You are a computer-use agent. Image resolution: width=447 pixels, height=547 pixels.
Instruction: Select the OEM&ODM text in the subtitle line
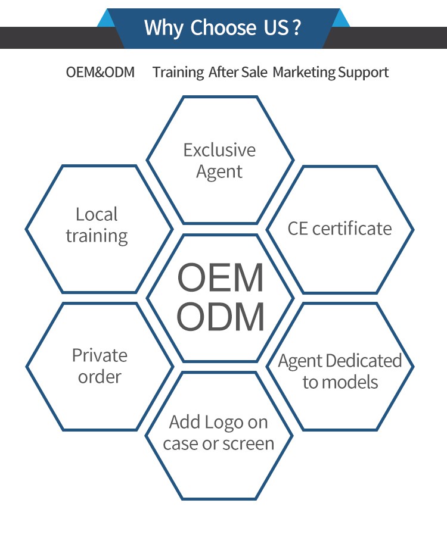[100, 72]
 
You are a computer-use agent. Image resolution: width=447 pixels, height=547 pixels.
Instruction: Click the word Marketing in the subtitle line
[304, 72]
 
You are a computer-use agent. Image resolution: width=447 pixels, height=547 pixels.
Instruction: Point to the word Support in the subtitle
[363, 72]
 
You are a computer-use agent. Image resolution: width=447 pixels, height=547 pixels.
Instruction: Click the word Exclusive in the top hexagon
[219, 150]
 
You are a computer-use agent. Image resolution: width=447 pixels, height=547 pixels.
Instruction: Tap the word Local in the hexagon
[97, 214]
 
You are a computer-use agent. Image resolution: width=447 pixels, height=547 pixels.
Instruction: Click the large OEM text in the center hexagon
[221, 278]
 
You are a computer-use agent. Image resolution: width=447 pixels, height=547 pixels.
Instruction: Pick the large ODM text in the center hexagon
[221, 317]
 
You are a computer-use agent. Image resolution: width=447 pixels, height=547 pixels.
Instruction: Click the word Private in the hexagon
[100, 355]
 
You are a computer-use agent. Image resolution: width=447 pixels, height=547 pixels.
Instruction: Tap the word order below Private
[100, 377]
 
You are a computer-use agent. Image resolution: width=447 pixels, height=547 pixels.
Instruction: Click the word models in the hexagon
[349, 382]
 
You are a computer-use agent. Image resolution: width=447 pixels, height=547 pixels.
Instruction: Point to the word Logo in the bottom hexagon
[225, 422]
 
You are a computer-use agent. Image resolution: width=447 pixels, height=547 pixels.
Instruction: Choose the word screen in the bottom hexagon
[246, 443]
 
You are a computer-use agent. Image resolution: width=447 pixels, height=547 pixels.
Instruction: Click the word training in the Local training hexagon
[97, 236]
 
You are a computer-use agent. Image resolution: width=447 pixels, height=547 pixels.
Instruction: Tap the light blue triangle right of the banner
[342, 19]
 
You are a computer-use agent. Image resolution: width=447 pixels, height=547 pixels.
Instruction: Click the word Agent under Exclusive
[219, 172]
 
